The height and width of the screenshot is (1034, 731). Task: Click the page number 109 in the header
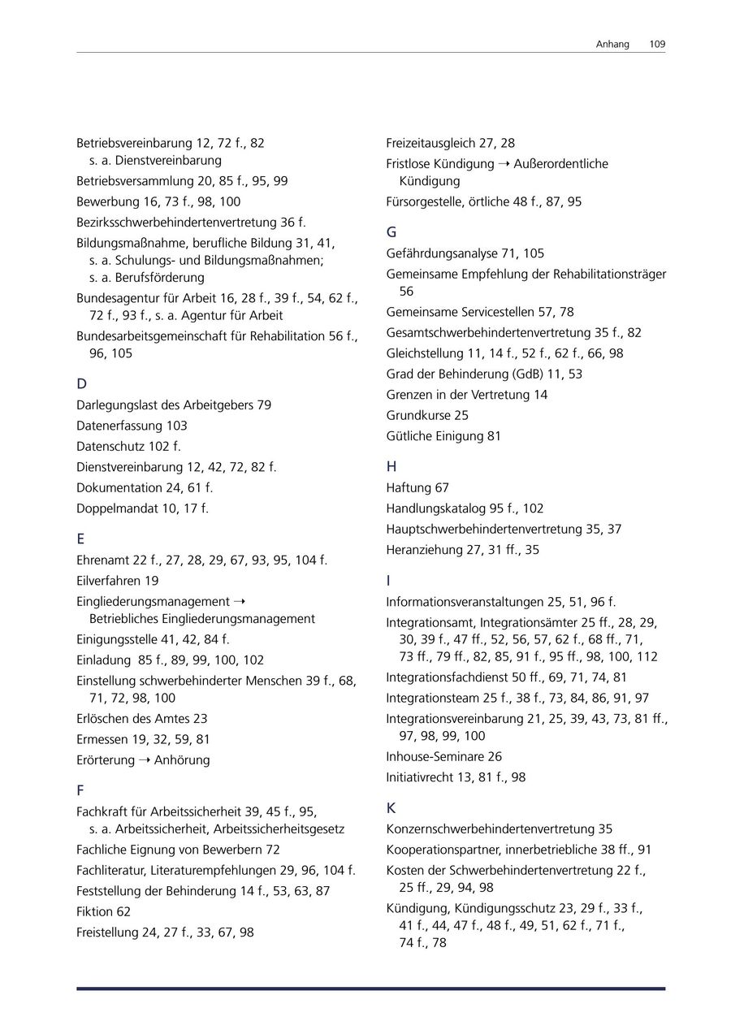point(657,44)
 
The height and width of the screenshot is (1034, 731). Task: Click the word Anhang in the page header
point(612,44)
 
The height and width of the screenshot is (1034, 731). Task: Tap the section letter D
point(81,383)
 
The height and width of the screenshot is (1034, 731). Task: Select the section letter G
point(391,232)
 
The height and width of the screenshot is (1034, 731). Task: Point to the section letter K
point(391,808)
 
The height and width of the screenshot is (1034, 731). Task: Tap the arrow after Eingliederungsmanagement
point(239,602)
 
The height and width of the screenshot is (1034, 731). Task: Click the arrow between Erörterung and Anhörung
point(144,760)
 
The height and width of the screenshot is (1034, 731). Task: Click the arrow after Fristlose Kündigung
point(504,164)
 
